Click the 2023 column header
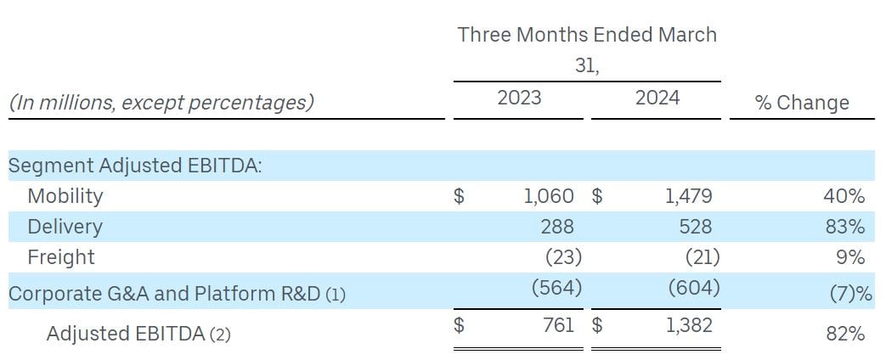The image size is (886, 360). [x=519, y=98]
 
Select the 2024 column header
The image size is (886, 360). [x=657, y=98]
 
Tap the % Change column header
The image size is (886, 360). [x=802, y=103]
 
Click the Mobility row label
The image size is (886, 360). [x=65, y=196]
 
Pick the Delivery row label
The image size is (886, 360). [x=65, y=227]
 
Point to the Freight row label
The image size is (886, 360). [x=61, y=257]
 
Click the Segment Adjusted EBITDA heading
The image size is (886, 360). [x=135, y=166]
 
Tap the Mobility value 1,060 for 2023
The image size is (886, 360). [x=549, y=196]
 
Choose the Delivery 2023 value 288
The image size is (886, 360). [x=557, y=227]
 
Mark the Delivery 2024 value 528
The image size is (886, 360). [x=695, y=227]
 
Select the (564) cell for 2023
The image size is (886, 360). [x=556, y=288]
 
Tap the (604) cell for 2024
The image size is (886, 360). [x=694, y=288]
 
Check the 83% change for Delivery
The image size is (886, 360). [x=845, y=227]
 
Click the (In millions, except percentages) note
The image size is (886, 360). [x=161, y=103]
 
